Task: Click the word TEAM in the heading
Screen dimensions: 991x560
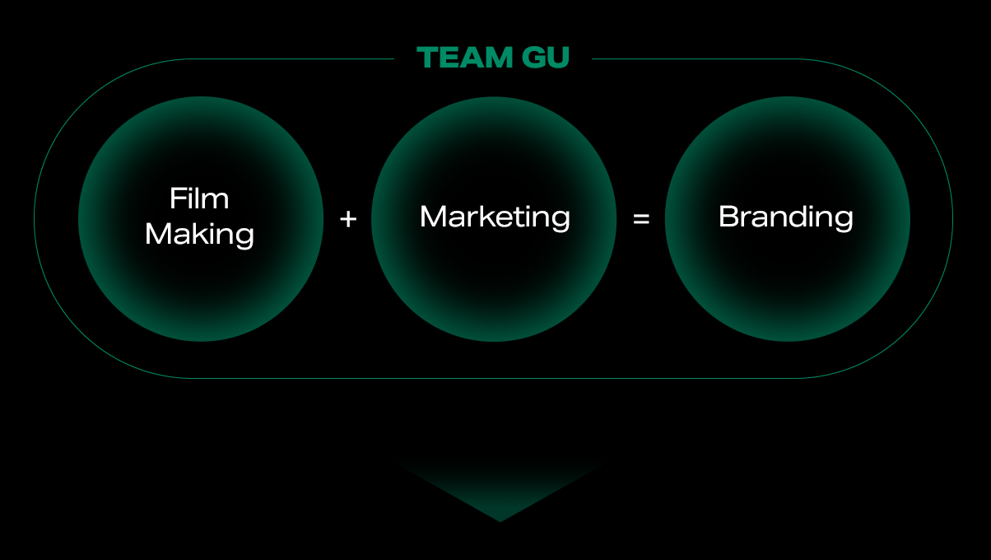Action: tap(465, 58)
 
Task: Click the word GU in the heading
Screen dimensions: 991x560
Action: tap(546, 58)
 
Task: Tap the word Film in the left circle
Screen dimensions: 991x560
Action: tap(199, 198)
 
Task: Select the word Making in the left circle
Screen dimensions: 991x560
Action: tap(199, 235)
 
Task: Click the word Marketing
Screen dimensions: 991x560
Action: tap(495, 217)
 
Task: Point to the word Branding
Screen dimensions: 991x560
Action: tap(786, 217)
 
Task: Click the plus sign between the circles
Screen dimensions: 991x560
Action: tap(348, 219)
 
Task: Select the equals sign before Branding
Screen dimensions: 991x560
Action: tap(641, 219)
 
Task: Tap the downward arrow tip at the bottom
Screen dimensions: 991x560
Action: tap(500, 521)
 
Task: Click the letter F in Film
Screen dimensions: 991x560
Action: tap(179, 198)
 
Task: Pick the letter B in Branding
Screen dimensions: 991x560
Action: tap(729, 217)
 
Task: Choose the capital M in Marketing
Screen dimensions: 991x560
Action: tap(433, 217)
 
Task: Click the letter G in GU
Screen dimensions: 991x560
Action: tap(533, 58)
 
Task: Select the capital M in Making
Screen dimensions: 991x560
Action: tap(158, 234)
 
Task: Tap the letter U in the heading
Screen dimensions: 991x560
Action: tap(558, 58)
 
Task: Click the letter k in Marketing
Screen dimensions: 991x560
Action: tap(485, 216)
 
